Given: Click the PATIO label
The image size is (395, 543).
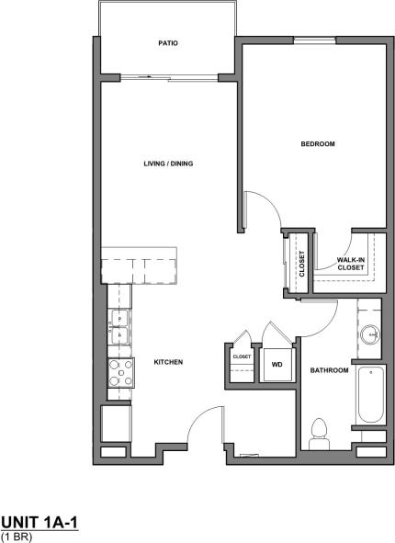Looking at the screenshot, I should (x=166, y=43).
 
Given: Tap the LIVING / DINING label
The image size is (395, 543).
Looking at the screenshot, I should (x=167, y=164).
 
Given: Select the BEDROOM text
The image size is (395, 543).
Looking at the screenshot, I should (x=317, y=144).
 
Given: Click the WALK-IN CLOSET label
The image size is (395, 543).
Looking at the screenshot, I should (x=350, y=264).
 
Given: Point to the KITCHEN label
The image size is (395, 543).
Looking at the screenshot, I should (x=168, y=362).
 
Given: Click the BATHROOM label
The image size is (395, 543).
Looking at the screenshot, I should (x=329, y=370).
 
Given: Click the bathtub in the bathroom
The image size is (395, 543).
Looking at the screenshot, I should (x=370, y=395).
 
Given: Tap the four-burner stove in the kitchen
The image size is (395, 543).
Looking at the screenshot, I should (x=120, y=371).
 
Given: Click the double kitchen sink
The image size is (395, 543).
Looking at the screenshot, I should (x=119, y=328).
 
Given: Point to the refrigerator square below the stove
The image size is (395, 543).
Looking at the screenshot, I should (x=117, y=424).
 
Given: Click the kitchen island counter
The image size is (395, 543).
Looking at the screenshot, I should (x=142, y=266).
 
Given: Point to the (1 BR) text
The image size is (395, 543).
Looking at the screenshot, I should (x=17, y=536).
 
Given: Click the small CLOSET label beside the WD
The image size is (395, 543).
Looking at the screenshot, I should (x=242, y=356).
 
